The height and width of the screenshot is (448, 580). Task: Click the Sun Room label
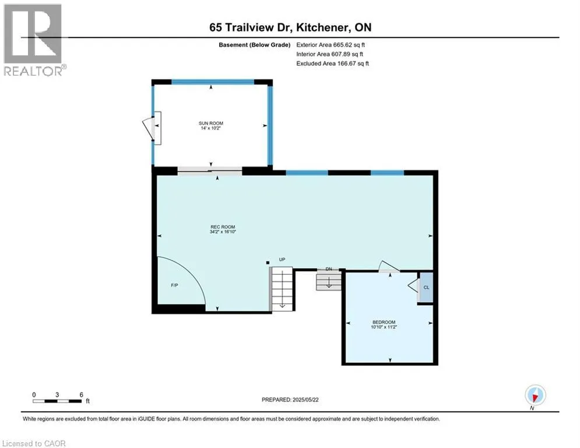point(211,123)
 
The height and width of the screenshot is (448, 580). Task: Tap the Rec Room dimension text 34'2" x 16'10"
point(223,232)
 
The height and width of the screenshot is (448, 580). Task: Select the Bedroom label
point(384,322)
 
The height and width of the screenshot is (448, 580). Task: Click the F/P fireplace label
point(175,285)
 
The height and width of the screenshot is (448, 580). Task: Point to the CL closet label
point(426,288)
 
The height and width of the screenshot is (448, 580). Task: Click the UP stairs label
point(282,260)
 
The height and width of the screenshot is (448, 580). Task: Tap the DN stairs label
point(329,269)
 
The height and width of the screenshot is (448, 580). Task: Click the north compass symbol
point(535,395)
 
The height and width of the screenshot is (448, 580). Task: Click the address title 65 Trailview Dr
point(251,27)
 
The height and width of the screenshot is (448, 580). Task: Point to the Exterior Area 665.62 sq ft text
point(331,45)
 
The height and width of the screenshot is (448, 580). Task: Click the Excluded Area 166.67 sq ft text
point(332,64)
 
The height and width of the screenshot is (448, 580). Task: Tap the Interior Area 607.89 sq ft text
point(329,54)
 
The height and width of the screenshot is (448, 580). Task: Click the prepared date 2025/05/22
point(305,400)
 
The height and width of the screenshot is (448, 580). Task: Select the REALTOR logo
point(34,40)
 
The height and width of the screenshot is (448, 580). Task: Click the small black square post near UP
point(268,262)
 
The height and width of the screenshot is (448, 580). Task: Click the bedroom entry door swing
point(388,266)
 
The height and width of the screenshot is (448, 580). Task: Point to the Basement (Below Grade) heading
point(255,45)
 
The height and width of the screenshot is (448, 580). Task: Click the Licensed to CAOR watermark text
point(34,443)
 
